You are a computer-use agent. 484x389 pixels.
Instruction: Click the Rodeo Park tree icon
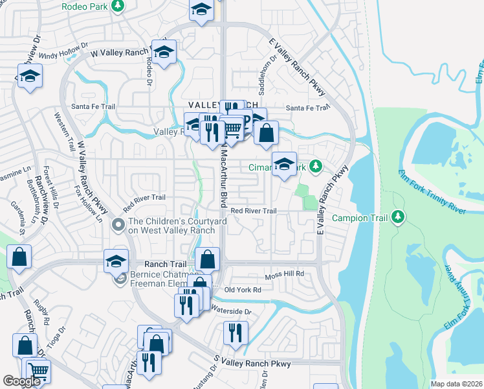pyautogui.click(x=117, y=6)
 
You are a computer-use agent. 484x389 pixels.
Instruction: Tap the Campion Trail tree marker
pyautogui.click(x=399, y=217)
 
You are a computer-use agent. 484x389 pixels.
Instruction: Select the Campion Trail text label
pyautogui.click(x=360, y=218)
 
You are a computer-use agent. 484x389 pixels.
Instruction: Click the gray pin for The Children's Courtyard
pyautogui.click(x=117, y=226)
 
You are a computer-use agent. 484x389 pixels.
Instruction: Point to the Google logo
pyautogui.click(x=21, y=381)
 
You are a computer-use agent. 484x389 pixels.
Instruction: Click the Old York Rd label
pyautogui.click(x=242, y=290)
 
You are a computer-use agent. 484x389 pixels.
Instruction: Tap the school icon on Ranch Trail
pyautogui.click(x=116, y=261)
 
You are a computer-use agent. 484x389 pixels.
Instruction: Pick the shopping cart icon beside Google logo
pyautogui.click(x=39, y=371)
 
